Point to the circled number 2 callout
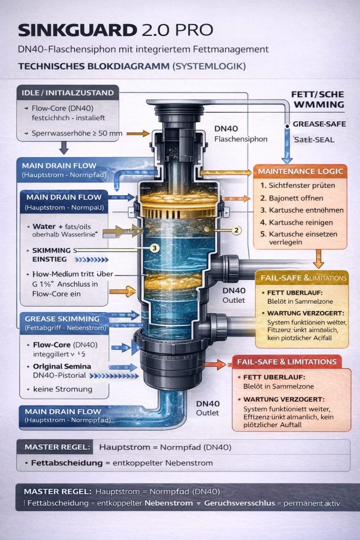pyautogui.click(x=237, y=230)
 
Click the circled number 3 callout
pyautogui.click(x=154, y=247)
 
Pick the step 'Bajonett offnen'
pyautogui.click(x=296, y=198)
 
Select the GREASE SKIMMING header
pyautogui.click(x=62, y=319)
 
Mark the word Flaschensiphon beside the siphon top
pyautogui.click(x=241, y=140)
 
